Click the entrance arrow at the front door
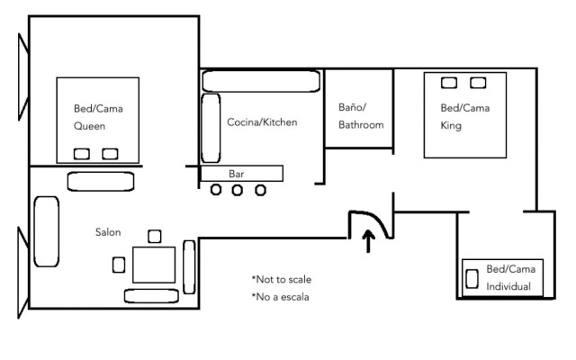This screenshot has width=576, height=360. (x=368, y=241)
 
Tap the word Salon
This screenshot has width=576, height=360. (x=108, y=232)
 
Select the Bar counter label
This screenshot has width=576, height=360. (x=236, y=174)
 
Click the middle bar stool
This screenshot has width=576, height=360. (x=238, y=190)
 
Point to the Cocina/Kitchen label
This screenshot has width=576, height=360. (x=262, y=122)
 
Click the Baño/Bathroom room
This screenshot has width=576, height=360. (x=359, y=109)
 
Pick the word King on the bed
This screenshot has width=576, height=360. (x=451, y=126)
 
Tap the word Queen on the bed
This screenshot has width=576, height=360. (x=89, y=126)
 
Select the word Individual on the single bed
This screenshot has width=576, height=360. (x=508, y=286)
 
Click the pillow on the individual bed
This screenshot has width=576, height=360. (x=472, y=279)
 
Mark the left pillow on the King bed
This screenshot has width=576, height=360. (x=449, y=83)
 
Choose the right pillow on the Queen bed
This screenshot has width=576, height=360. (x=110, y=154)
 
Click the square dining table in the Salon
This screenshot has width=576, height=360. (x=154, y=265)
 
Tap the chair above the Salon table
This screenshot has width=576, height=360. (x=155, y=236)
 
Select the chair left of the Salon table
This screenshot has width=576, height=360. (x=119, y=265)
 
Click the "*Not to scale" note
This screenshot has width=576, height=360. (x=282, y=280)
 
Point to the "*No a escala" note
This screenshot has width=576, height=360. (x=280, y=297)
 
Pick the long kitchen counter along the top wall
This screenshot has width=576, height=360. (x=261, y=81)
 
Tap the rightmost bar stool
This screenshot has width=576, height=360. (x=260, y=190)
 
